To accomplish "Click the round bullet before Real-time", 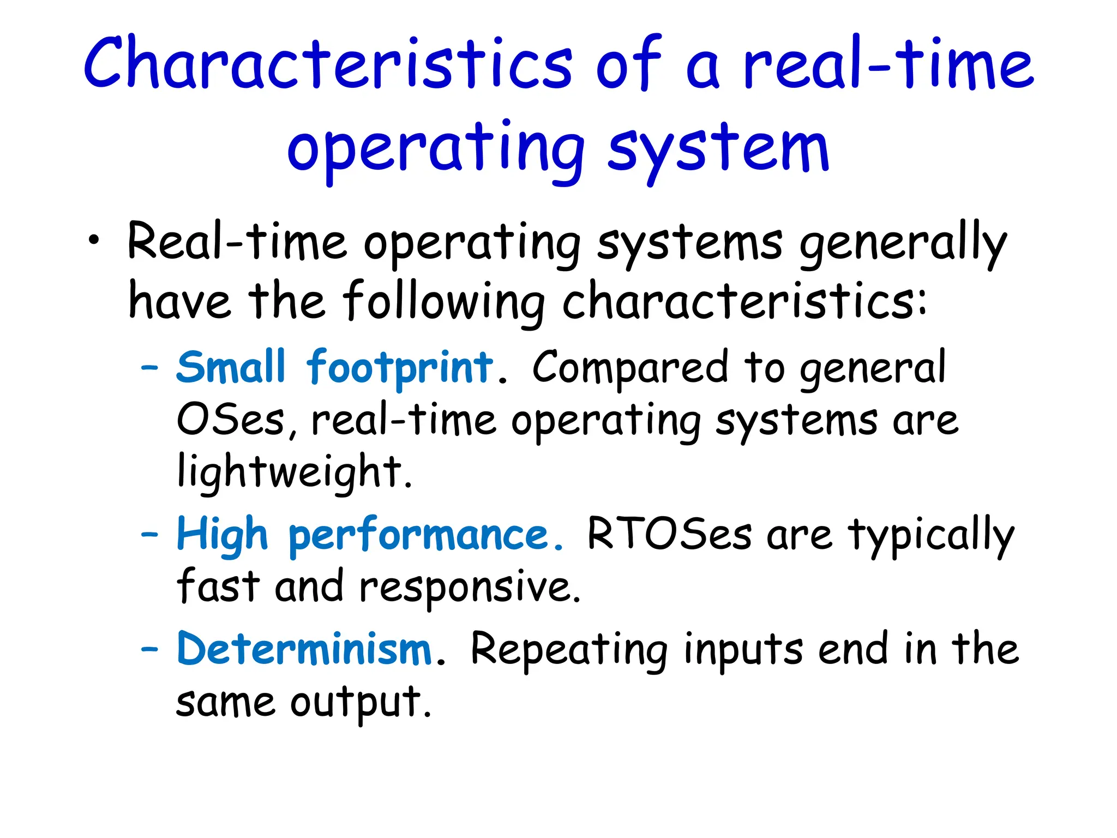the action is click(x=94, y=241).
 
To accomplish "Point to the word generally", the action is click(x=902, y=244).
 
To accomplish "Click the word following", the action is click(x=443, y=302).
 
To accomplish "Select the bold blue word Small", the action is click(x=231, y=367).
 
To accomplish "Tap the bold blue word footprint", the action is click(x=400, y=368).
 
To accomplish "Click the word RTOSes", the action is click(x=669, y=534).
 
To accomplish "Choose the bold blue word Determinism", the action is click(x=304, y=649).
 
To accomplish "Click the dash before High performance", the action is click(x=149, y=534).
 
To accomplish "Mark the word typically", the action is click(x=930, y=536).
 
